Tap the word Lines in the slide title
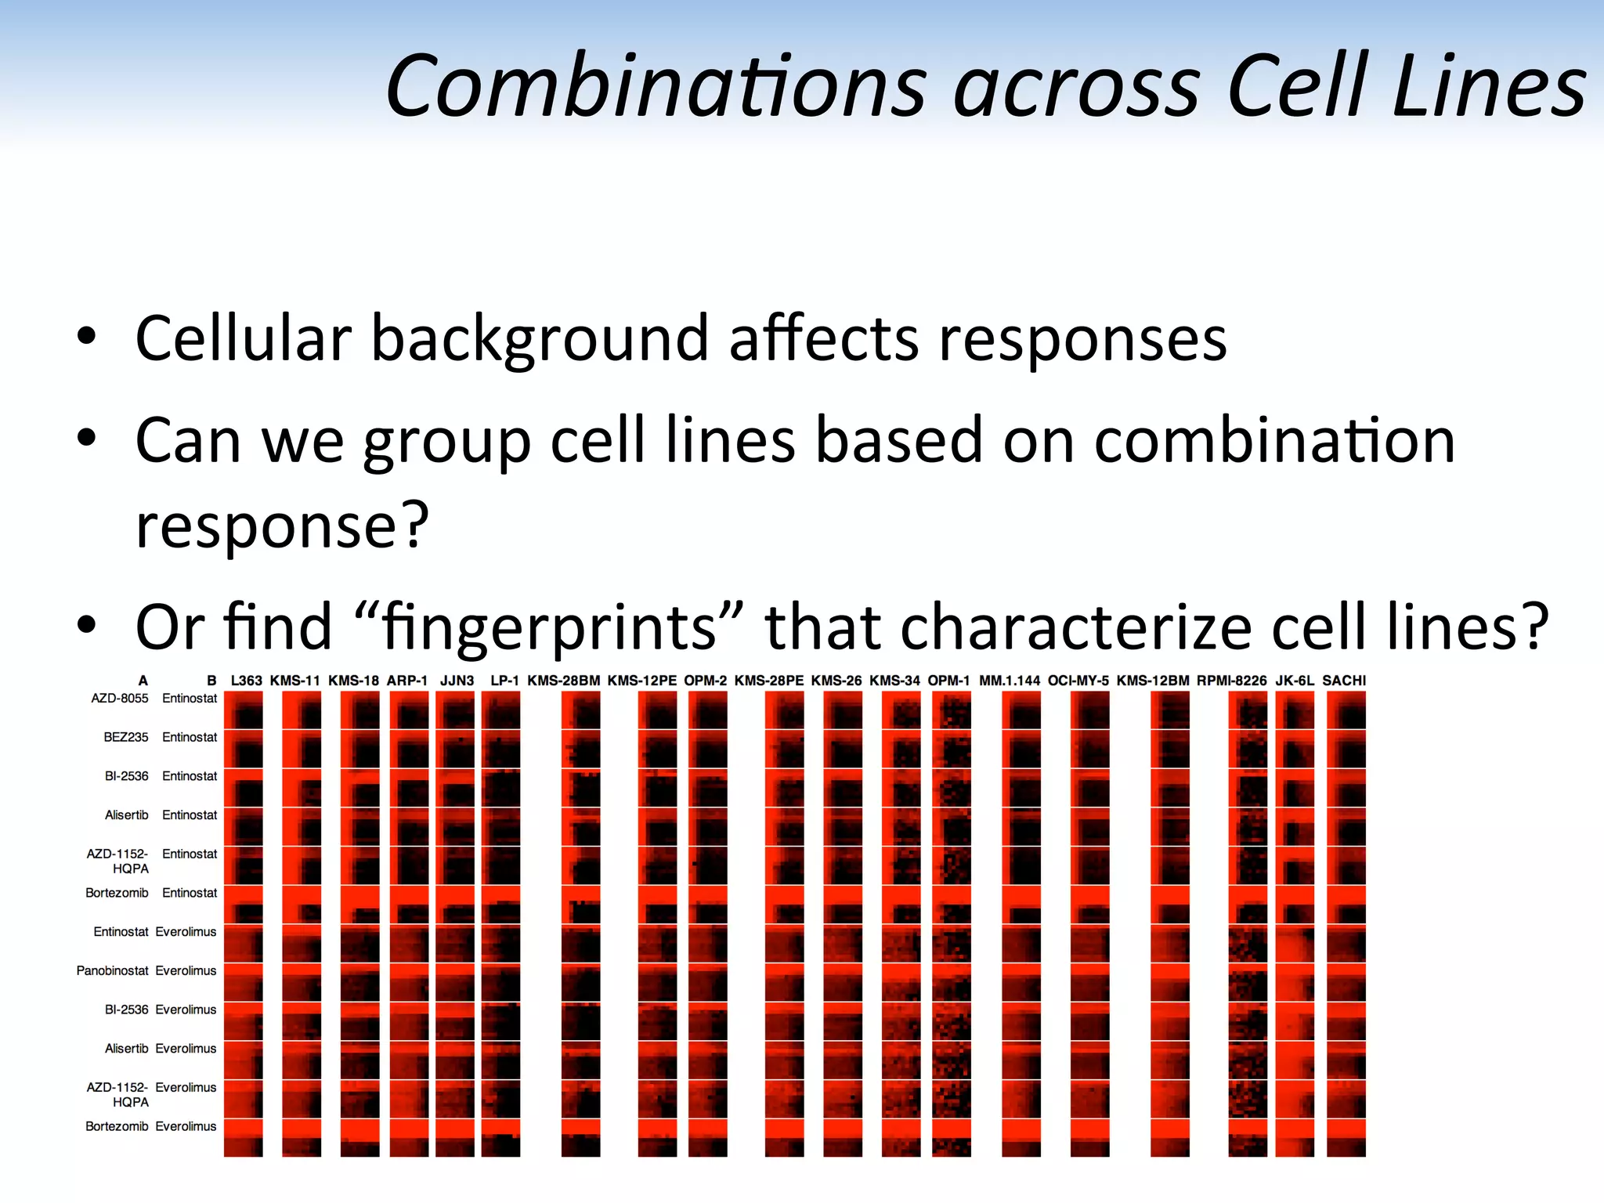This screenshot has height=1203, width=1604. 1489,86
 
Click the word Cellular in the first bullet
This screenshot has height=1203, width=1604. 243,338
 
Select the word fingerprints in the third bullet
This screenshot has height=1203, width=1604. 549,627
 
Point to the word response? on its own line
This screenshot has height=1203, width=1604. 282,525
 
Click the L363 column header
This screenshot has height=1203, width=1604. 246,681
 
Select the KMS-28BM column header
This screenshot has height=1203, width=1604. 563,681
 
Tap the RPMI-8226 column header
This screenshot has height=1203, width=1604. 1231,681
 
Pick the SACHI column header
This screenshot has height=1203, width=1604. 1344,681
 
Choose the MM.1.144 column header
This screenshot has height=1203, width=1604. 1010,681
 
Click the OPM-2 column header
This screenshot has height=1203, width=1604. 705,681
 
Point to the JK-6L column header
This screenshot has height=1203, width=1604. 1295,681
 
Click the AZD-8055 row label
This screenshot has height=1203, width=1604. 119,698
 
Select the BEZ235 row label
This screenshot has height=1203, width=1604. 125,737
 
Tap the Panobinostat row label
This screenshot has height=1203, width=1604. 112,970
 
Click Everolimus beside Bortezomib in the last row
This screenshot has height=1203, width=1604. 186,1126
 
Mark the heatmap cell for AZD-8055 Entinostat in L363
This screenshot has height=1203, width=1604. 244,710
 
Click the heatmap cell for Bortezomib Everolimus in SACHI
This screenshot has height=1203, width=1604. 1346,1137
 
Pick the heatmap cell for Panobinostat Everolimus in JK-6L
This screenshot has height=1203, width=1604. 1295,982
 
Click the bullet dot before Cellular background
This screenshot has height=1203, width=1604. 86,337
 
